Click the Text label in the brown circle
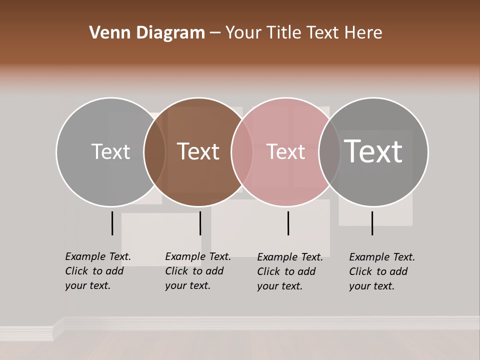point(198,151)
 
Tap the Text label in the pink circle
point(285,151)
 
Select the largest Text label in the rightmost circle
point(373,151)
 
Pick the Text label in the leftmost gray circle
point(110,151)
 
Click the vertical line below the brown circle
point(200,223)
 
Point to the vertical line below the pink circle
point(288,223)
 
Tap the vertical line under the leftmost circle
point(112,223)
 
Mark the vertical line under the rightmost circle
point(372,223)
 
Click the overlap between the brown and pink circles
point(242,152)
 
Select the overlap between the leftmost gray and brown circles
point(154,152)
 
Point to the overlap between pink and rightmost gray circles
point(329,152)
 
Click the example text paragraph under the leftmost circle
point(97,271)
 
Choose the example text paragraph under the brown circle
point(197,271)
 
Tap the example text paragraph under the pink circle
point(289,271)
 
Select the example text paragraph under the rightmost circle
point(381,271)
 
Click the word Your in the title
point(242,33)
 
